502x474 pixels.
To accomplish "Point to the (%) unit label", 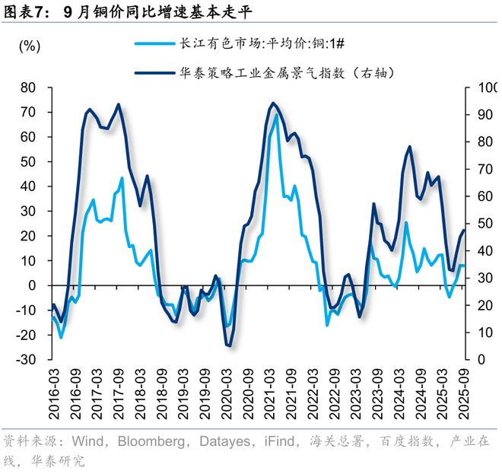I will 29,46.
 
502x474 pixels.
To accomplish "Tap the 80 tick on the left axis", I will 29,87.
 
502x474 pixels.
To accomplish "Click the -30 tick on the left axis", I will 27,359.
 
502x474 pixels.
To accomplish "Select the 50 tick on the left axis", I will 29,161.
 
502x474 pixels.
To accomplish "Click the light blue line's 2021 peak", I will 276,115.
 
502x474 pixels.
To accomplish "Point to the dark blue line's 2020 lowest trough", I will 228,346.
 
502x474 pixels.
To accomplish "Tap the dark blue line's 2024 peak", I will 410,146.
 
